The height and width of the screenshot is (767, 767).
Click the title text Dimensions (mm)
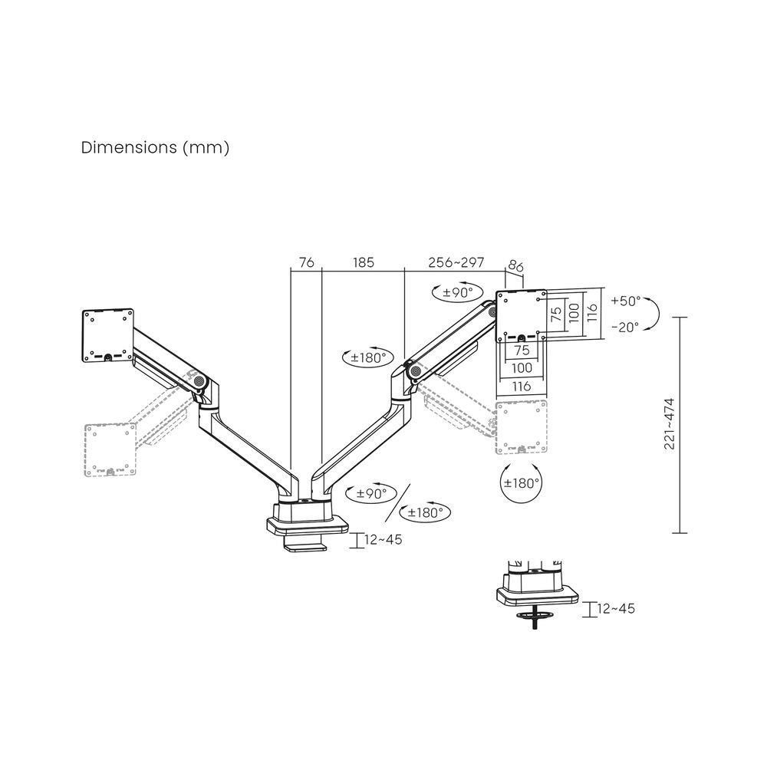pyautogui.click(x=155, y=148)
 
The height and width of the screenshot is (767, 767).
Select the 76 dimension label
pyautogui.click(x=306, y=262)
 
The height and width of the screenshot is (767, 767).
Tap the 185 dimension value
pyautogui.click(x=363, y=262)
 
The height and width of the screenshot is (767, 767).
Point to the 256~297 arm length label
pyautogui.click(x=456, y=262)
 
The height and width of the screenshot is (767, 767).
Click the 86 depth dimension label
pyautogui.click(x=515, y=268)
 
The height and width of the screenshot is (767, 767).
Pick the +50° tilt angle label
pyautogui.click(x=625, y=301)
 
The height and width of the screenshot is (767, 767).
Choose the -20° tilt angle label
pyautogui.click(x=625, y=327)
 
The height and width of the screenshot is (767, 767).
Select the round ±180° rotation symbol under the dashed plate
pyautogui.click(x=521, y=483)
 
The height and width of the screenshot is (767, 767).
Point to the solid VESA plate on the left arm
pyautogui.click(x=108, y=335)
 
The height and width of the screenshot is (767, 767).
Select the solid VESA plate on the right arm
pyautogui.click(x=522, y=315)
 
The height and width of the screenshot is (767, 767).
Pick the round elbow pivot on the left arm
pyautogui.click(x=200, y=380)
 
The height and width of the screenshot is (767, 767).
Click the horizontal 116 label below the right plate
pyautogui.click(x=522, y=387)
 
